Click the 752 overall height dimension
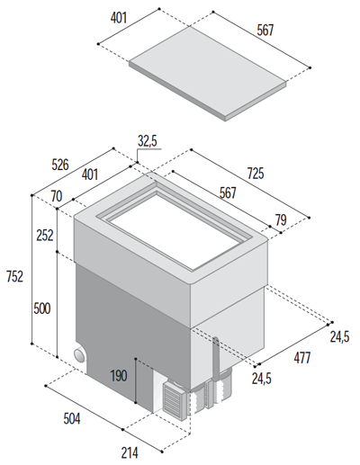point(14,276)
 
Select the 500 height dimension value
point(42,309)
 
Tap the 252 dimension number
point(45,236)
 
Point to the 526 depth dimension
point(60,165)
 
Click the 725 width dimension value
point(256,174)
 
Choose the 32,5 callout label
point(148,141)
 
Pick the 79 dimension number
point(281,220)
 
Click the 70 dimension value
point(57,196)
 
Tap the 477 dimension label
point(302,358)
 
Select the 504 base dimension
point(72,419)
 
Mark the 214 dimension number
point(130,452)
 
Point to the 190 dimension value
point(119,376)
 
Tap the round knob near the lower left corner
point(80,355)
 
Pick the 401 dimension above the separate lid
point(119,18)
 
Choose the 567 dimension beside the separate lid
point(265,31)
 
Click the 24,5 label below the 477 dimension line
point(261,380)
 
